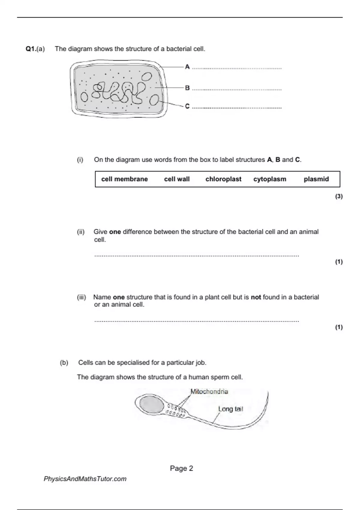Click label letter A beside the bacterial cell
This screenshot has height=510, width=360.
(x=187, y=67)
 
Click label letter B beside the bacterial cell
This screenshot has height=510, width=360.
(x=187, y=88)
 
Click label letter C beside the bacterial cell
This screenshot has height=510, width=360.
(x=187, y=106)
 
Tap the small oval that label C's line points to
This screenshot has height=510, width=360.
(x=154, y=100)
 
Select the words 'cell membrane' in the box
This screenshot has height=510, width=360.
(x=124, y=179)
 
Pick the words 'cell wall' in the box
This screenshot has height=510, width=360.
(x=177, y=179)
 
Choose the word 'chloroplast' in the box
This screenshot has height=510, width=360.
(x=223, y=179)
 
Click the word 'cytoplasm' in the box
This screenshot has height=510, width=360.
(x=270, y=179)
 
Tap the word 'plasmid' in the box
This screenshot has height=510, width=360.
(x=316, y=179)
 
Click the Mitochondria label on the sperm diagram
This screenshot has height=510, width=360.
(x=209, y=391)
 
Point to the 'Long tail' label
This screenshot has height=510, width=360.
(x=230, y=409)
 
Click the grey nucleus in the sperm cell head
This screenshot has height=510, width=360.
(x=151, y=404)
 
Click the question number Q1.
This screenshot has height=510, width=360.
(x=31, y=49)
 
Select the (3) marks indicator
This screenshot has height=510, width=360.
(x=339, y=196)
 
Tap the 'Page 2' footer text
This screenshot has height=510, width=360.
(x=181, y=468)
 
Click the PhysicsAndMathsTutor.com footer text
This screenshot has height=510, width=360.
(x=85, y=479)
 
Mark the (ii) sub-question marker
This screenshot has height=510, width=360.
(x=81, y=232)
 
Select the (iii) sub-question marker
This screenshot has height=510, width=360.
(x=81, y=297)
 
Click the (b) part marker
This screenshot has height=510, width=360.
(x=64, y=363)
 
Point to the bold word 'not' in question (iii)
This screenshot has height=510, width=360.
(x=256, y=297)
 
